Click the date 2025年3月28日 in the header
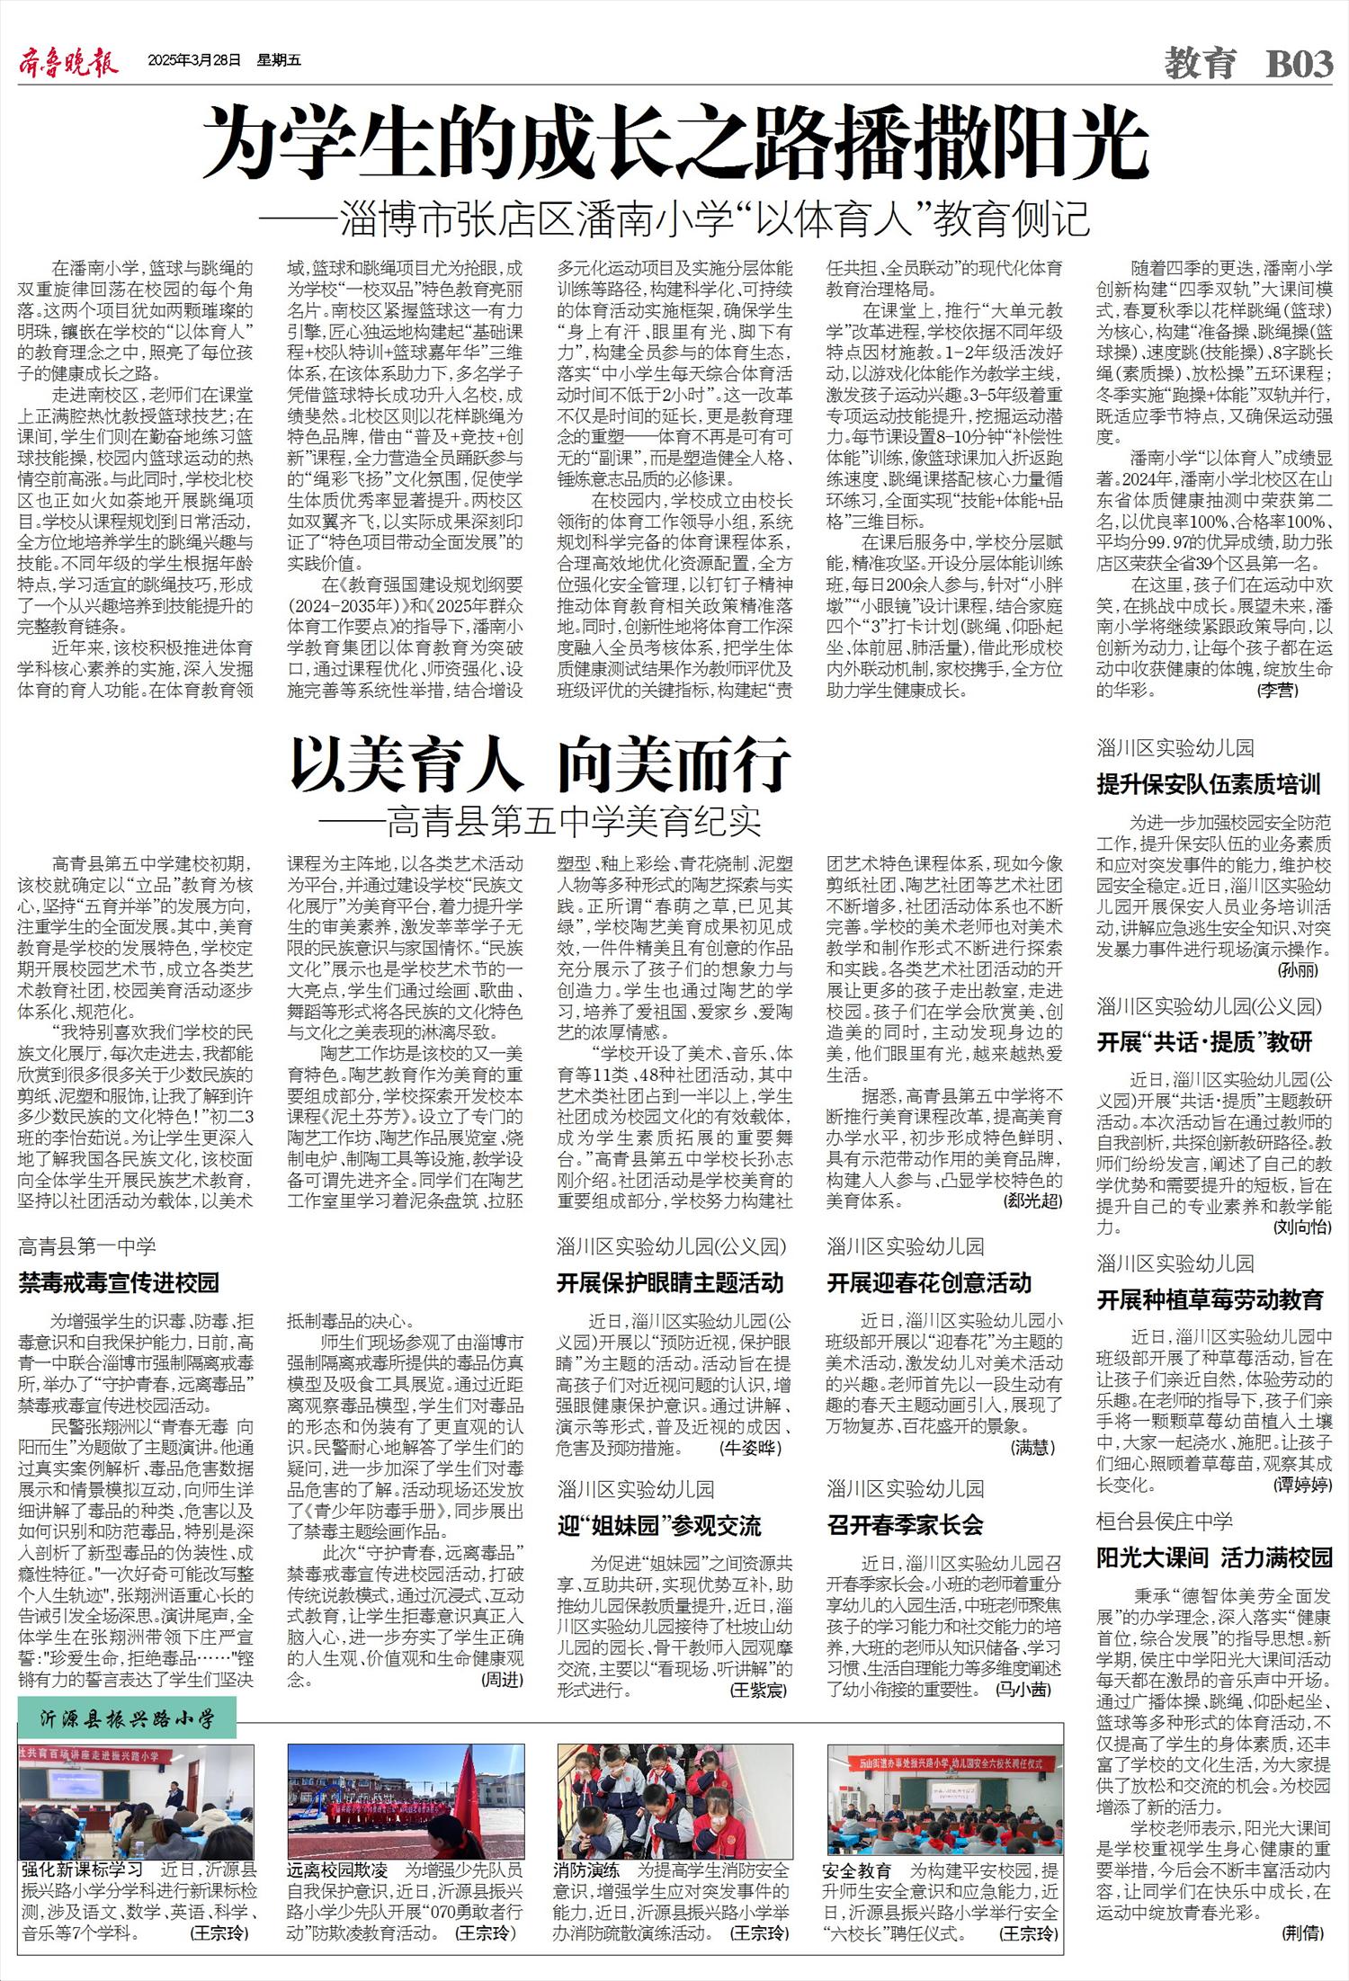(x=195, y=61)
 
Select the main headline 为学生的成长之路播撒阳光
(x=674, y=145)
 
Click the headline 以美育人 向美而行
(x=540, y=765)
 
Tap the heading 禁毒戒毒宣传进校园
(x=119, y=1282)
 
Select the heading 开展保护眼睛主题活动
(x=669, y=1282)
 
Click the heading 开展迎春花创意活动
(x=929, y=1282)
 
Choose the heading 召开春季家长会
(x=905, y=1524)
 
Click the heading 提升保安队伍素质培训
(x=1209, y=784)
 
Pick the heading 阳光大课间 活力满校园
(x=1214, y=1557)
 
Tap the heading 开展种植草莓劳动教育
(x=1210, y=1299)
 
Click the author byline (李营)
(x=1277, y=690)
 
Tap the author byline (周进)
(x=502, y=1679)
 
